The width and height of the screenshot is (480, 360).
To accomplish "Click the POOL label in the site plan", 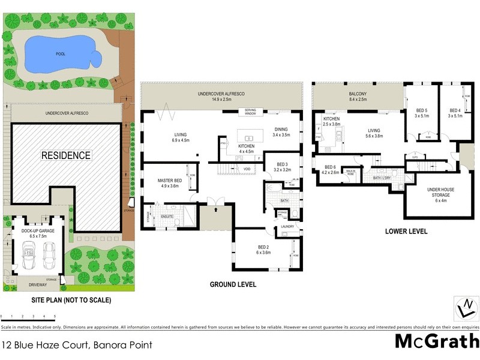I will (61, 54).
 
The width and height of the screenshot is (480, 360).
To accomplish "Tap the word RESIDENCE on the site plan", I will (65, 155).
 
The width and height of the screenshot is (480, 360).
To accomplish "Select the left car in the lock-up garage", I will (28, 257).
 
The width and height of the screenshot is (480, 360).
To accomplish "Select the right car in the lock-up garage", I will (50, 257).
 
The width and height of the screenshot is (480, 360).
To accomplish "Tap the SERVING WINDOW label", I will (247, 112).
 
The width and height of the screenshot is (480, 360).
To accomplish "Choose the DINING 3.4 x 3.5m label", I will (281, 132).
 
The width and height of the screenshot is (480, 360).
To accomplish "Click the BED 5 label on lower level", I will (422, 113).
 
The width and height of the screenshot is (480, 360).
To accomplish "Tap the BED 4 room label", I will (455, 113).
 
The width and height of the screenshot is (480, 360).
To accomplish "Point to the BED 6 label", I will (330, 169).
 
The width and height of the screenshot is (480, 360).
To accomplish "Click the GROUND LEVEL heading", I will (233, 284).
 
